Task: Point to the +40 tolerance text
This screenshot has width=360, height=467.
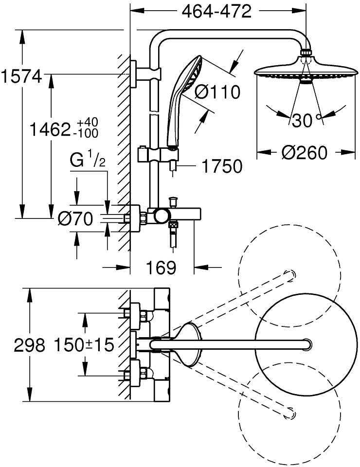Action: (87, 123)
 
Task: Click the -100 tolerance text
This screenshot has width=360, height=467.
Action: (87, 134)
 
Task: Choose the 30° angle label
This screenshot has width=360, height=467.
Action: (305, 120)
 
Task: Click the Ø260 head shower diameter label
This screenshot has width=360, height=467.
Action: (305, 153)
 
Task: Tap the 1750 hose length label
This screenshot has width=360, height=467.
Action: (222, 166)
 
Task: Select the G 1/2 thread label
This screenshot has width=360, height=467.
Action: (88, 161)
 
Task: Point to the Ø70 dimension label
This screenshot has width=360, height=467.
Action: (75, 219)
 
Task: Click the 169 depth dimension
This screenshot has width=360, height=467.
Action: (161, 268)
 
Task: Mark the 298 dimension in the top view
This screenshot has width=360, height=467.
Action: (30, 345)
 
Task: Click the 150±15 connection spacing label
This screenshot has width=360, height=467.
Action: (84, 345)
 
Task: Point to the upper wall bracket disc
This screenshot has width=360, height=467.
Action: (134, 74)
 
